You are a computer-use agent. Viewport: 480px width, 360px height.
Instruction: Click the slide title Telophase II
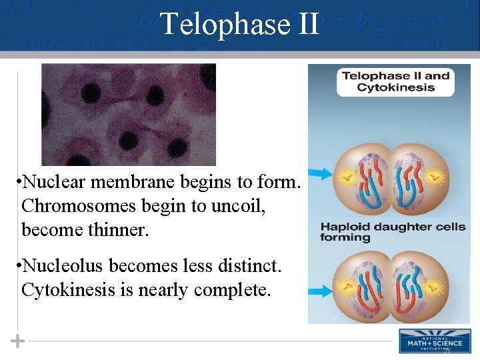pyautogui.click(x=240, y=25)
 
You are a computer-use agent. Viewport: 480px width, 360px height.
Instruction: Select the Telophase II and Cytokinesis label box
pyautogui.click(x=395, y=81)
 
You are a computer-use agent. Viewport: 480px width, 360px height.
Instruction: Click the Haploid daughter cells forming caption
pyautogui.click(x=393, y=232)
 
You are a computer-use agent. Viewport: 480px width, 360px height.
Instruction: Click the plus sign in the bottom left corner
pyautogui.click(x=18, y=341)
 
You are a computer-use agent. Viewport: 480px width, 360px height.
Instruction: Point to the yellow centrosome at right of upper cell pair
pyautogui.click(x=435, y=178)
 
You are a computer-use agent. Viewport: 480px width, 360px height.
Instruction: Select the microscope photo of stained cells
pyautogui.click(x=129, y=114)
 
